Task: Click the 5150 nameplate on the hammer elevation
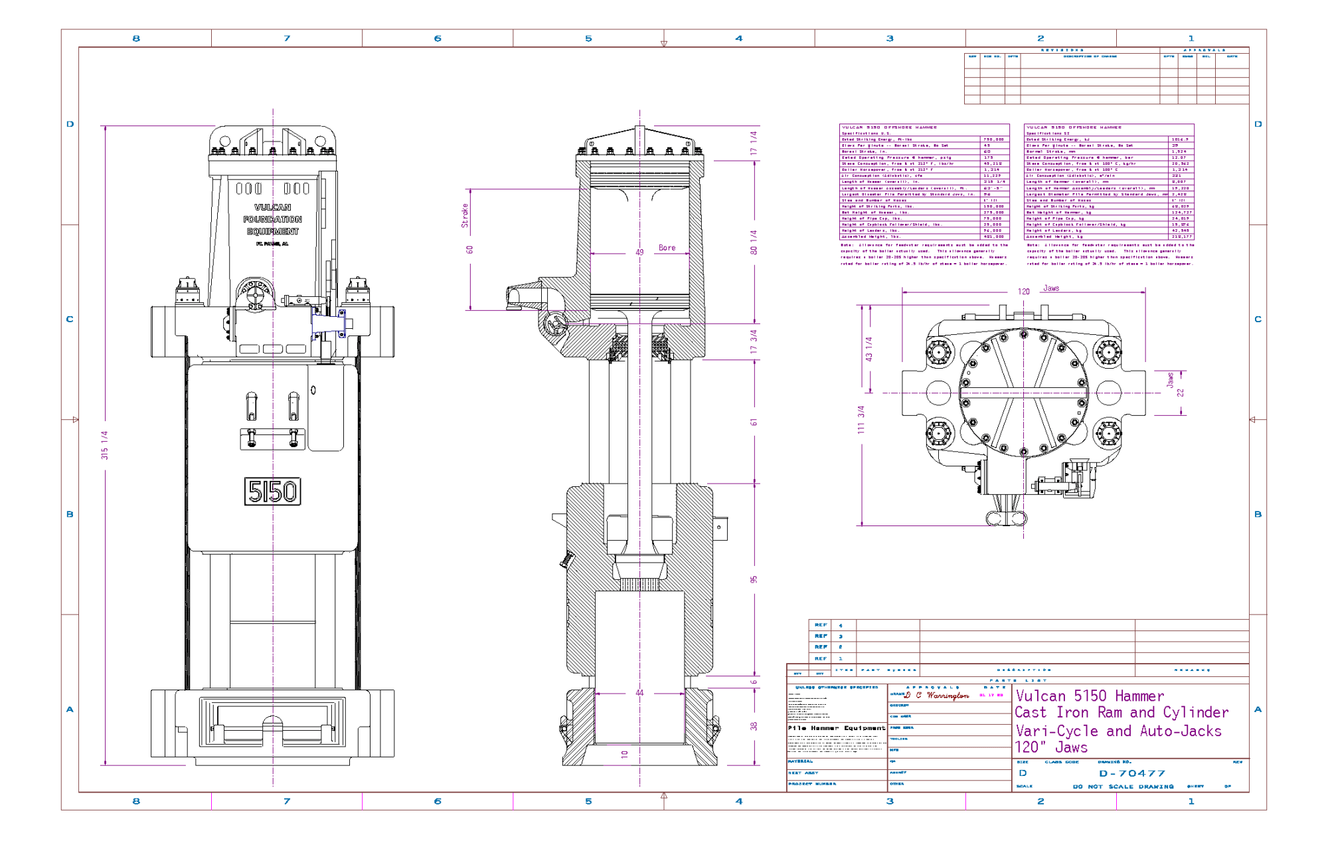click(272, 492)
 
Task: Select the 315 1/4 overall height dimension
click(104, 445)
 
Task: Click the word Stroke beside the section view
click(465, 216)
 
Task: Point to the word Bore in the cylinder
click(667, 248)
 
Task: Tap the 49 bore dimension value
click(639, 252)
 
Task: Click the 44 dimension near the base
click(639, 693)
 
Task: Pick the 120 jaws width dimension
click(1023, 292)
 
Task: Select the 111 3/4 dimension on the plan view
click(861, 420)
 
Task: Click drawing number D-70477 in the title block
click(1132, 773)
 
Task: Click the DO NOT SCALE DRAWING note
click(1123, 787)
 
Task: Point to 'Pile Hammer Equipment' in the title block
click(836, 728)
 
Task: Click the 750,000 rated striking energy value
click(993, 140)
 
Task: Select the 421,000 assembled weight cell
click(993, 237)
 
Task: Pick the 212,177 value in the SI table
click(1181, 237)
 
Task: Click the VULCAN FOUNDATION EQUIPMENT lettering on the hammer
click(272, 219)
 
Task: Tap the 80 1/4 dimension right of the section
click(754, 242)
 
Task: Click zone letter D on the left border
click(70, 124)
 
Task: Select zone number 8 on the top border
click(136, 39)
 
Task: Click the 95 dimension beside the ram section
click(754, 579)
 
